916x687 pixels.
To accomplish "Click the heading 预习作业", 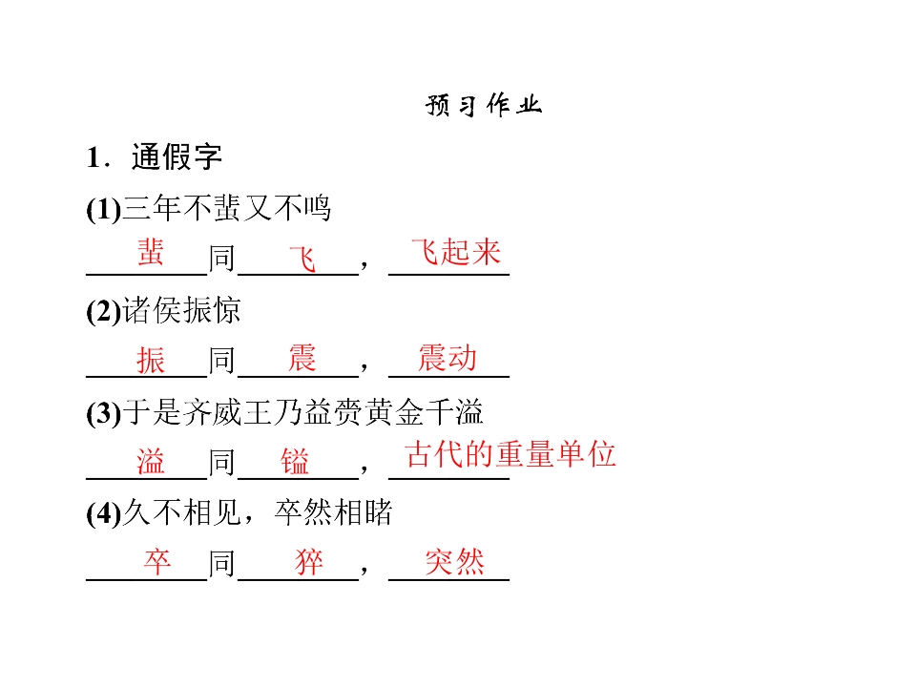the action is click(x=484, y=105).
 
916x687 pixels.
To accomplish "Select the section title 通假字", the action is click(x=177, y=156).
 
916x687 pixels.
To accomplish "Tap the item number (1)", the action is click(x=104, y=209).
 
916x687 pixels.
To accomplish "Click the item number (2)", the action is click(x=104, y=311).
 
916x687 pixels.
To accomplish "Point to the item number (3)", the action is click(x=104, y=413).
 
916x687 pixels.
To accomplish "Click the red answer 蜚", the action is click(x=151, y=252).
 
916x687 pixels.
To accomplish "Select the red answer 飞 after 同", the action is click(x=302, y=260).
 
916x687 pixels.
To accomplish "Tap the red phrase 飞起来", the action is click(x=456, y=252).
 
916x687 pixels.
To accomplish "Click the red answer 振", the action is click(x=151, y=360).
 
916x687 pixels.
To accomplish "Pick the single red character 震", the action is click(x=302, y=358).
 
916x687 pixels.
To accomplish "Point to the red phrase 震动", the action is click(x=448, y=358).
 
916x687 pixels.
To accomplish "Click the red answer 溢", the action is click(x=151, y=461).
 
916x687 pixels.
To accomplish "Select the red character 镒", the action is click(x=295, y=462).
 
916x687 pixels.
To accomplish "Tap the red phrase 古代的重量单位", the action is click(x=510, y=454).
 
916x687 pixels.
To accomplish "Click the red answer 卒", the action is click(x=157, y=562).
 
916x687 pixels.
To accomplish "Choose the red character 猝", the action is click(x=309, y=562).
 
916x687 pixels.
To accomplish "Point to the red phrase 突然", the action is click(x=455, y=562).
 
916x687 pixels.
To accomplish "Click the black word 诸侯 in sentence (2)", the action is click(x=152, y=310).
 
